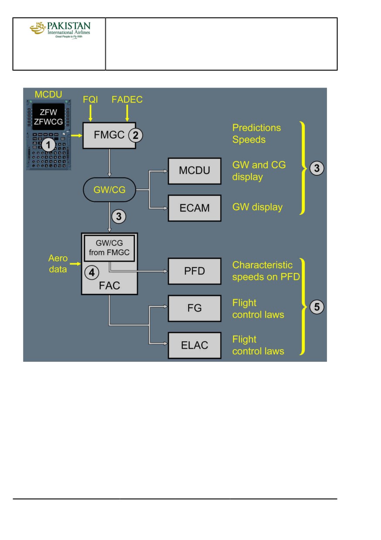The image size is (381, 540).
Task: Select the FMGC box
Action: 109,136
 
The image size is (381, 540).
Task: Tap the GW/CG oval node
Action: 109,190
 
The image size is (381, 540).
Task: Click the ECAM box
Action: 195,208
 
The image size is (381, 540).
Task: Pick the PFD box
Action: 195,271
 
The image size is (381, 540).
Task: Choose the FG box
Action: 195,308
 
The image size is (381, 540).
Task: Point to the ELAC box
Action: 195,346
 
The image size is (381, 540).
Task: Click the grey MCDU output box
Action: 195,171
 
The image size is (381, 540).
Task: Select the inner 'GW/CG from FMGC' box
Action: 109,248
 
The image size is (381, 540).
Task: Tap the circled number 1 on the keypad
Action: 48,145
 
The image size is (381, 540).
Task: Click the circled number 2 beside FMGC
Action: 135,135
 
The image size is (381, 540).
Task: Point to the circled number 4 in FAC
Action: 92,273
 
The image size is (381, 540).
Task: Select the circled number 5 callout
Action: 317,307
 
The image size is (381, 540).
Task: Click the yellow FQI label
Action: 90,99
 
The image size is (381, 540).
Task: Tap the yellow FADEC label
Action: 127,99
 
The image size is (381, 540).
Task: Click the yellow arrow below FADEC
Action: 127,113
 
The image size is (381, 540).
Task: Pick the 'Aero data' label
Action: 58,264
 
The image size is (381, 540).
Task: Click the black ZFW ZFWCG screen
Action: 48,117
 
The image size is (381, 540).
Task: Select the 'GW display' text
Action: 257,207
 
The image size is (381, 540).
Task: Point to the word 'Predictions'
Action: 256,128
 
